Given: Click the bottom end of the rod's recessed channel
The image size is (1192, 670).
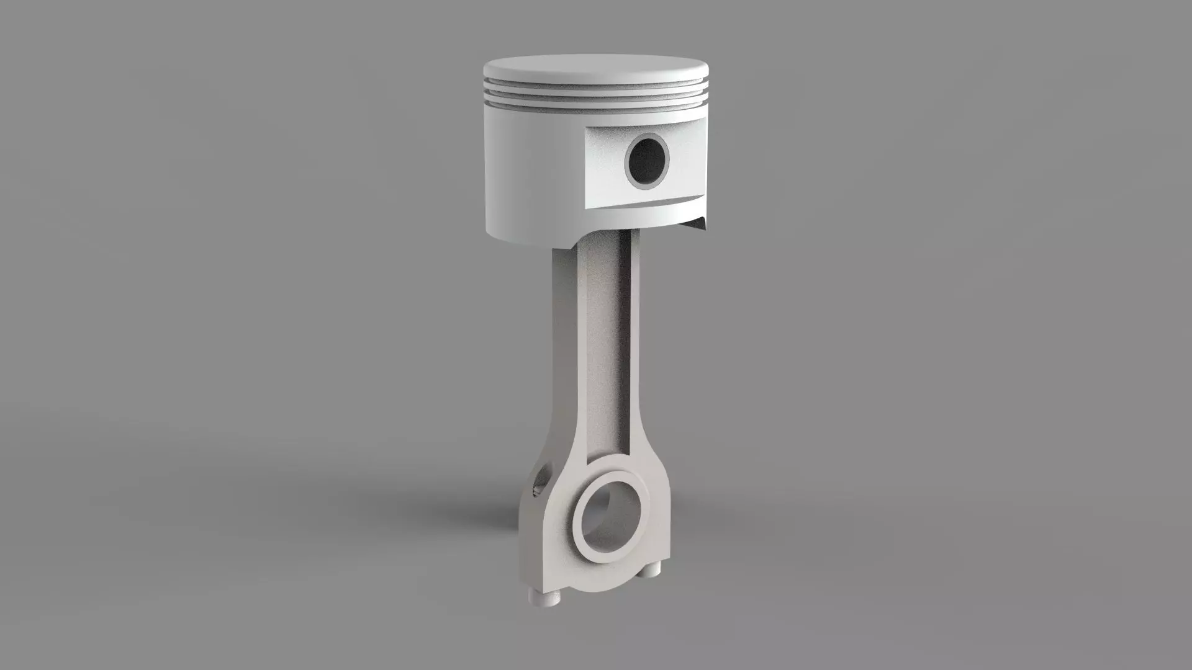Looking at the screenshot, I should (x=605, y=453).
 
